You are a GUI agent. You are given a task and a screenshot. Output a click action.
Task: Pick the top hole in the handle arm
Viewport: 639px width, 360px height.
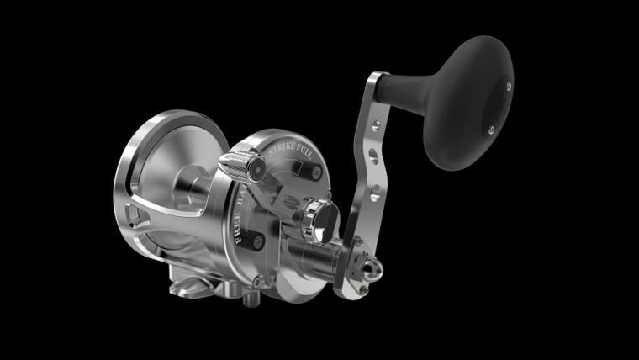(x=374, y=128)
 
